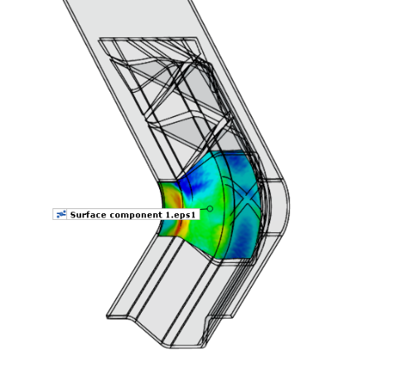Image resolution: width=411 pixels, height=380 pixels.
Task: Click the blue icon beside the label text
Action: pyautogui.click(x=61, y=214)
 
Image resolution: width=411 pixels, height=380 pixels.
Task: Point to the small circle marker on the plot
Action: pyautogui.click(x=210, y=208)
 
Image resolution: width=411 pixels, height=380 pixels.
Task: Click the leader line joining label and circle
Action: pyautogui.click(x=203, y=210)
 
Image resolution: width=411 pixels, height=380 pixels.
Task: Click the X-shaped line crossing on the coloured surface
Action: pyautogui.click(x=246, y=197)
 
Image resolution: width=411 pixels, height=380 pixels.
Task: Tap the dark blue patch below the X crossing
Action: pyautogui.click(x=243, y=235)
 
